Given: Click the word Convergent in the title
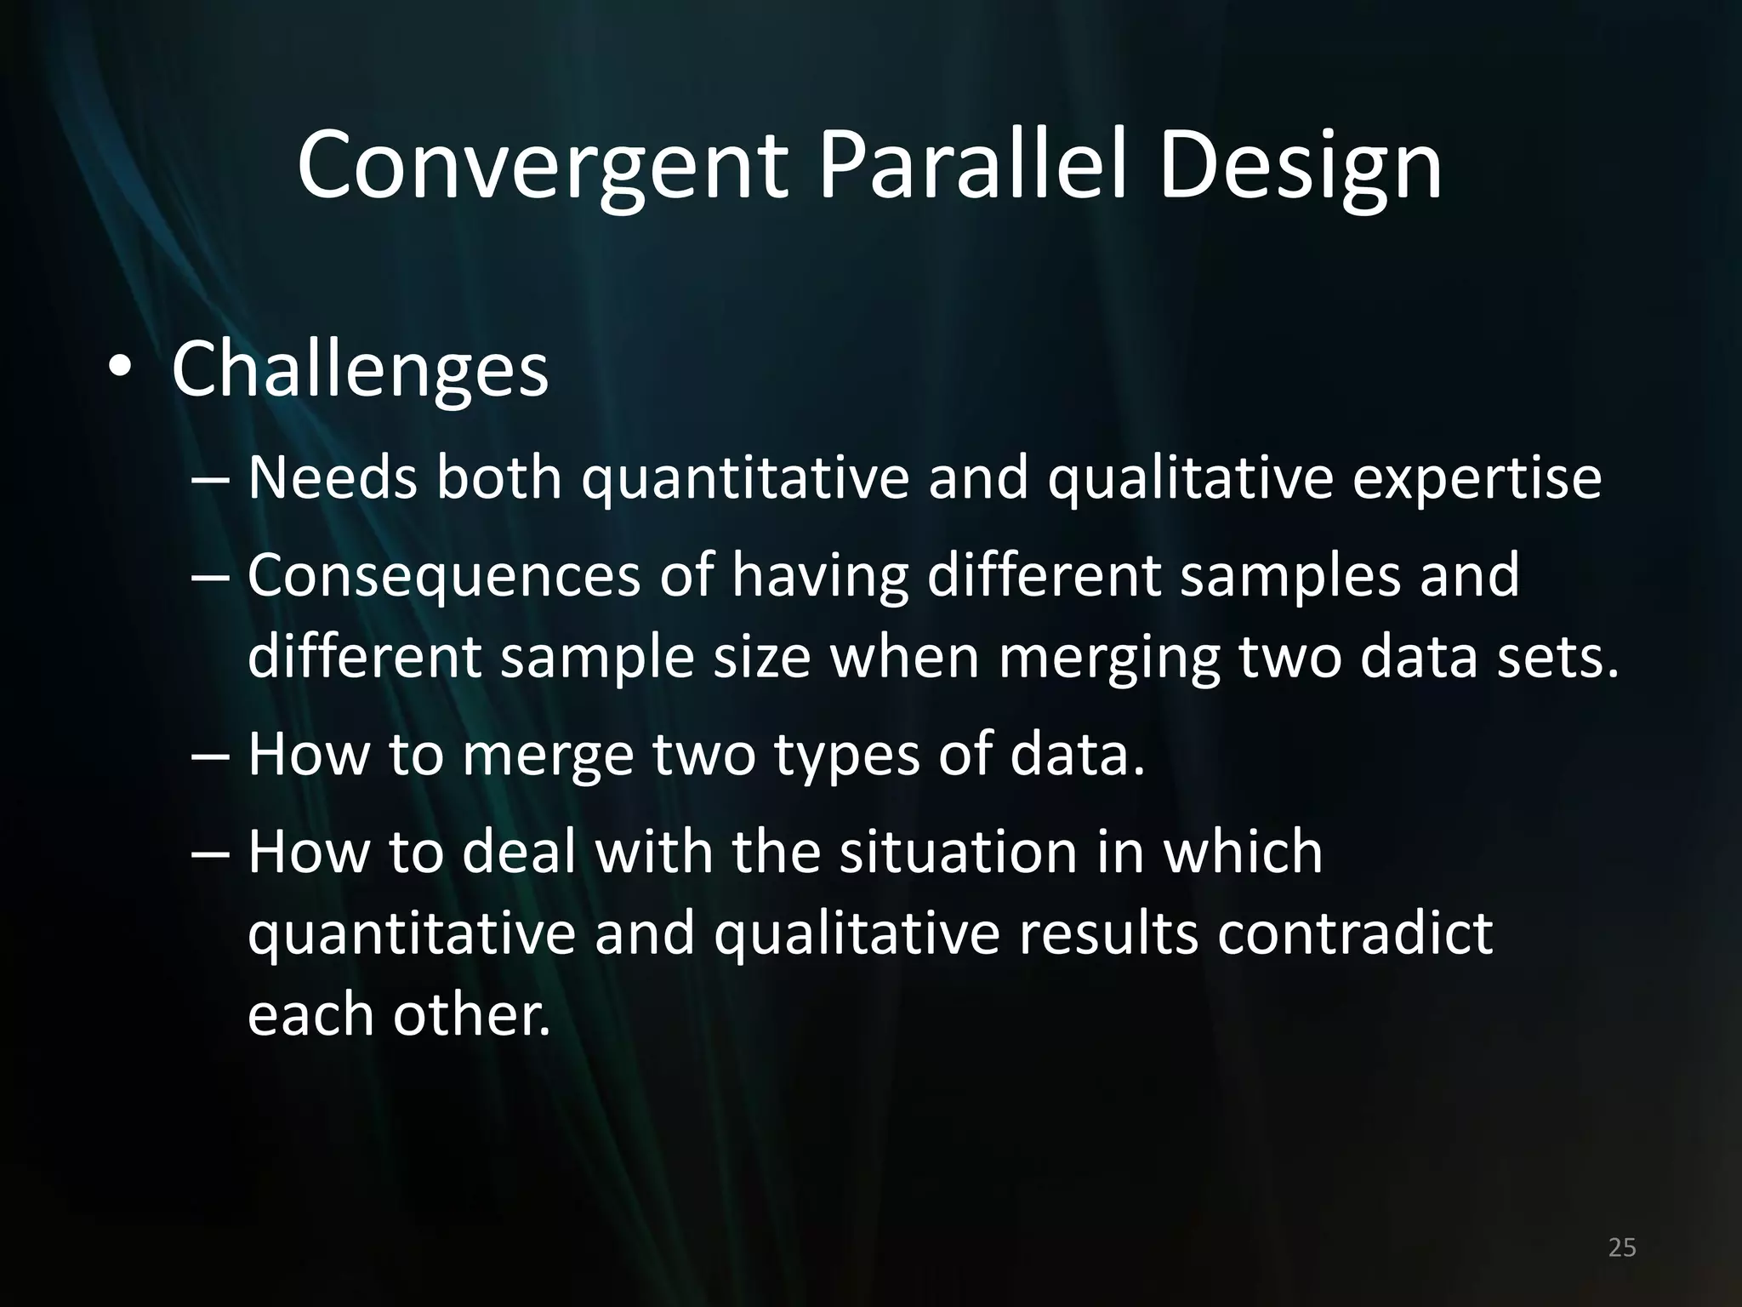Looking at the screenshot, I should click(541, 167).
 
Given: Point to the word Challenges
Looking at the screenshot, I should click(360, 371).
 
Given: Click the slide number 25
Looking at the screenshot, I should click(1622, 1247).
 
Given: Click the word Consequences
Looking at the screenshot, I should click(443, 575).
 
